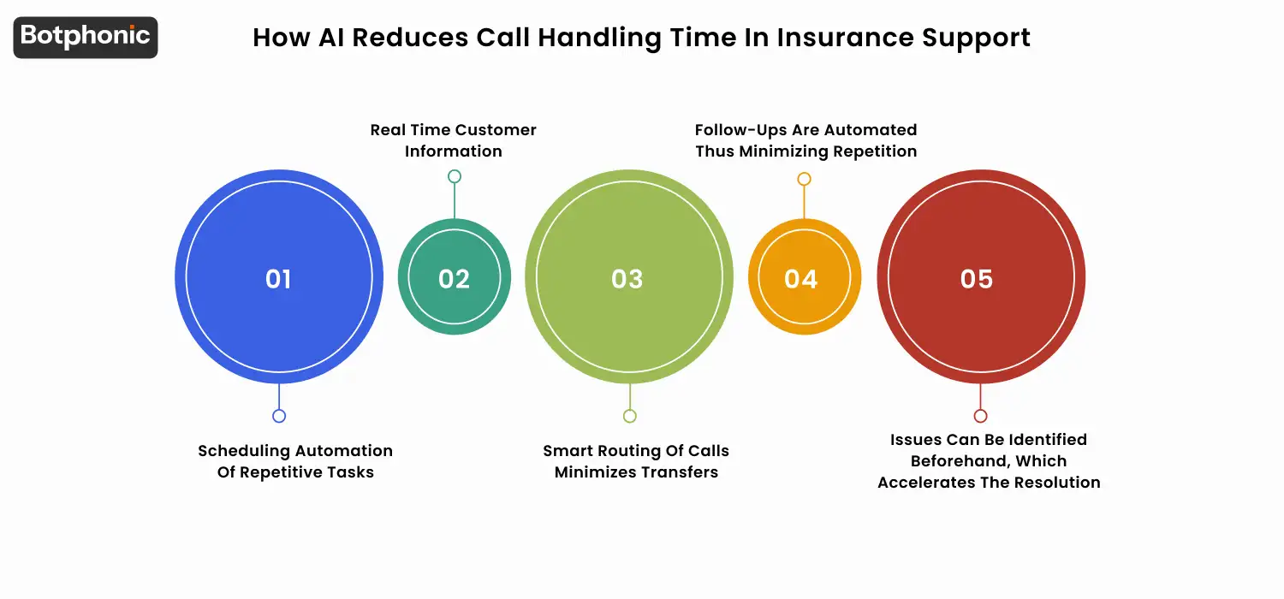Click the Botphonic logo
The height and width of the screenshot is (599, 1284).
coord(86,37)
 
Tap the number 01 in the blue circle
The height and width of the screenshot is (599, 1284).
coord(278,279)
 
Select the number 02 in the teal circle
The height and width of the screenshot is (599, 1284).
coord(454,279)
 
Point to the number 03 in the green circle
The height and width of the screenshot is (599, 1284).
coord(627,279)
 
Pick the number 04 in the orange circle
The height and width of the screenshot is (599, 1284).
coord(801,279)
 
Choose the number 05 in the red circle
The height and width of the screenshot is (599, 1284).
coord(977,279)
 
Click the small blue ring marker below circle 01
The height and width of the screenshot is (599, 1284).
coord(279,416)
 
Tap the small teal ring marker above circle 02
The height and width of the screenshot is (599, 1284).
coord(455,176)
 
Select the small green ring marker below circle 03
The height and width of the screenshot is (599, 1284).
coord(630,416)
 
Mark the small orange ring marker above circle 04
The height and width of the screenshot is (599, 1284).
coord(804,179)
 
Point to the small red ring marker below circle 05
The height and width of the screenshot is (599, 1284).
coord(981,416)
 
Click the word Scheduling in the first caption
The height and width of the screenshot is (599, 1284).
coord(245,451)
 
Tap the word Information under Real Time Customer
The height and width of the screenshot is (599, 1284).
coord(454,151)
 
